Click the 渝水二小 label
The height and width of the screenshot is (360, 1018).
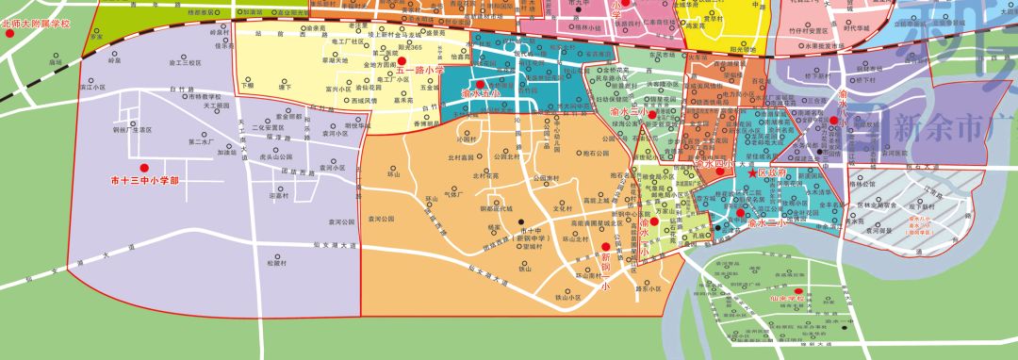pos(764,224)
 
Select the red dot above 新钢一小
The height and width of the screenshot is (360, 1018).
pos(604,246)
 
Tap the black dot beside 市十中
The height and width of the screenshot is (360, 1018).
pos(522,221)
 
